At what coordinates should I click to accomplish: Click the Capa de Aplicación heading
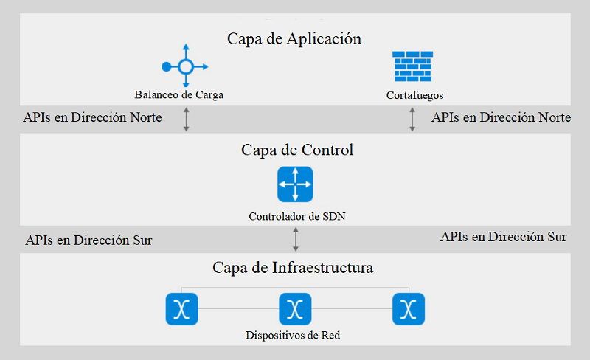point(294,38)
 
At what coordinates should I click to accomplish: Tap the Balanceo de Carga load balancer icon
point(185,67)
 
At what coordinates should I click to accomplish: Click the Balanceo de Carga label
point(179,94)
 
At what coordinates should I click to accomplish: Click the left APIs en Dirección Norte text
point(93,117)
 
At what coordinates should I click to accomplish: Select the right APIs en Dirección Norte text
point(501,117)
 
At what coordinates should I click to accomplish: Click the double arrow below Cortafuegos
point(412,120)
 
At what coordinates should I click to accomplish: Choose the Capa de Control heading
point(297,150)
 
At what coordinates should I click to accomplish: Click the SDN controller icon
point(295,184)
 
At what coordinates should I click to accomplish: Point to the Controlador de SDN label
point(297,217)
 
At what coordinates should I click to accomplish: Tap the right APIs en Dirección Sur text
point(504,237)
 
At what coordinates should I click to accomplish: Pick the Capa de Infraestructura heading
point(293,267)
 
